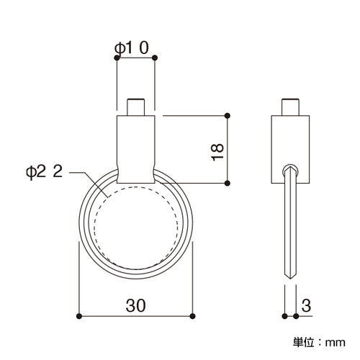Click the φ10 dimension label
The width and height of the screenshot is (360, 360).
132,48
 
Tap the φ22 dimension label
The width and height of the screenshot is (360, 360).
45,171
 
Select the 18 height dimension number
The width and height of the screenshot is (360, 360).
217,153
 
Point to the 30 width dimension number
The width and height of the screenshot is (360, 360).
135,305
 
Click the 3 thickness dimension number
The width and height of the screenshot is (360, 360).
306,305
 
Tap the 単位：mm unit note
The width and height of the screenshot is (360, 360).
319,343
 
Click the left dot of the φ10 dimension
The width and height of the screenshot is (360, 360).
117,58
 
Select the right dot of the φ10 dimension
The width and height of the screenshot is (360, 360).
155,58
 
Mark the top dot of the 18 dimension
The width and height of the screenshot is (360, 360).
228,116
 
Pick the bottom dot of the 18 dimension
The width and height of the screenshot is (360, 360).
228,184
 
